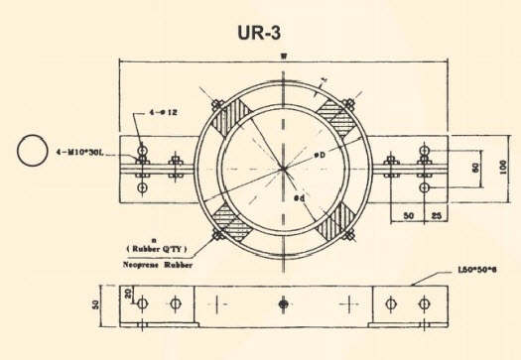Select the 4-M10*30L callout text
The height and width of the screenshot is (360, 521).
[x=93, y=152]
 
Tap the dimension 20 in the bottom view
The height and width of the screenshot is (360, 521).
[x=129, y=294]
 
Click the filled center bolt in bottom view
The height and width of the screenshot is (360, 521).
[x=284, y=302]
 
